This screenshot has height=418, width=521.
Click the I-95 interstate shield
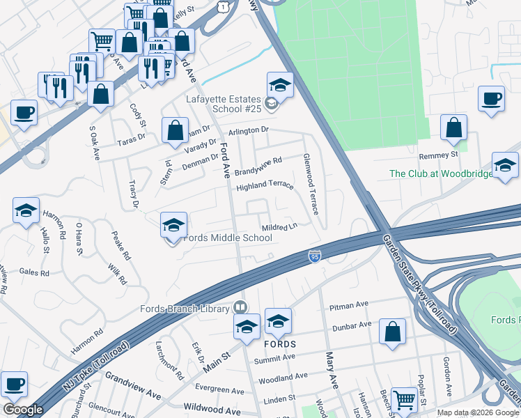(315, 257)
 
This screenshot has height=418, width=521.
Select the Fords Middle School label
(227, 238)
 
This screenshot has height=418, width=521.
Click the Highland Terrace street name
(265, 187)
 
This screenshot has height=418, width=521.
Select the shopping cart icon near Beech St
(403, 398)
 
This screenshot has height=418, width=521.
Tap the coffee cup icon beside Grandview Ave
(15, 382)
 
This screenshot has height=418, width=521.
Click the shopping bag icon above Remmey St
(453, 127)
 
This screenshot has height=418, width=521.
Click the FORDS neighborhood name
(279, 344)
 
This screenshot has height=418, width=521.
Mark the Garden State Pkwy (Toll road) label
(419, 283)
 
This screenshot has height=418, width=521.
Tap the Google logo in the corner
(23, 410)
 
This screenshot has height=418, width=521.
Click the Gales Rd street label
(33, 273)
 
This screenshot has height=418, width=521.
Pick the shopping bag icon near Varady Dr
(175, 130)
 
